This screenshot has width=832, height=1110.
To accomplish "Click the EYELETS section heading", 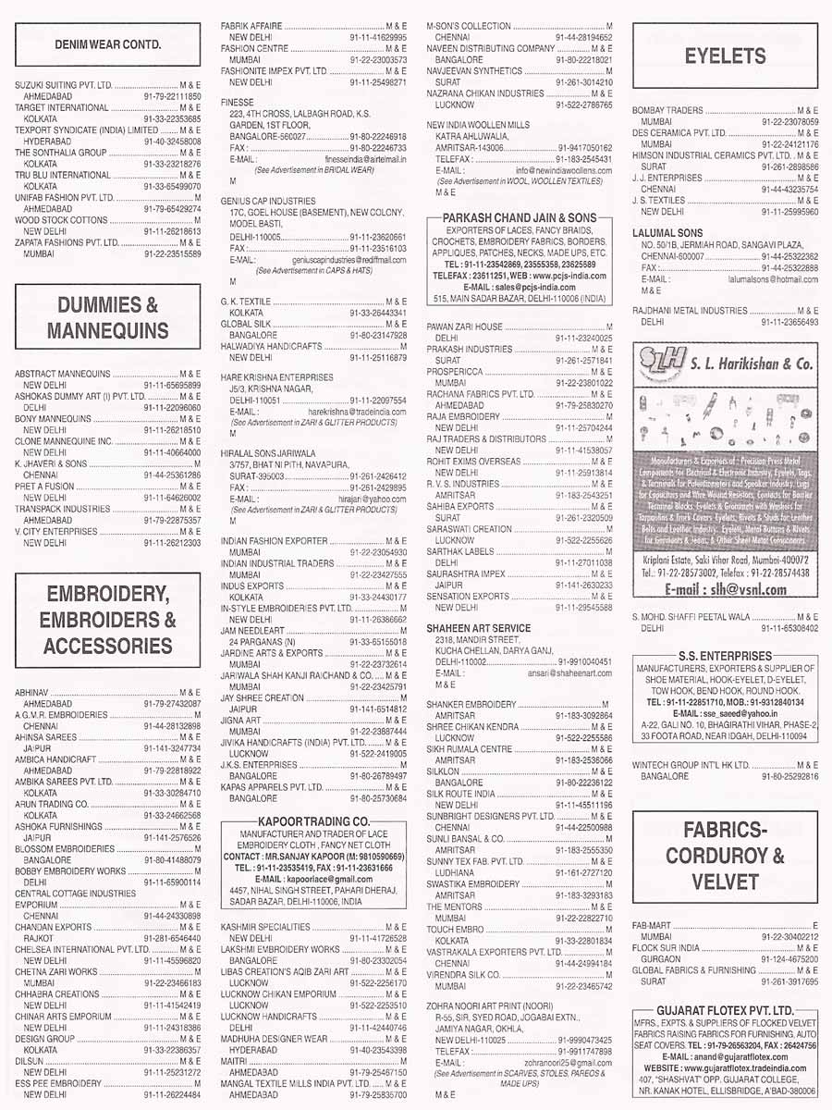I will click(725, 56).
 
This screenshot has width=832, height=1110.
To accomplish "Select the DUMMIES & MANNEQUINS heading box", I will click(107, 318).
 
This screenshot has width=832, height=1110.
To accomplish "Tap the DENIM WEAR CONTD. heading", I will click(107, 43).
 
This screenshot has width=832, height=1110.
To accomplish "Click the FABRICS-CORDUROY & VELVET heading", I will click(725, 854).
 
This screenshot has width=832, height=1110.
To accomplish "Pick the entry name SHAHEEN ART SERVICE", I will click(478, 628).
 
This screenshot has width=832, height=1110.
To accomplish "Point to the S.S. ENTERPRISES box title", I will click(725, 656).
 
